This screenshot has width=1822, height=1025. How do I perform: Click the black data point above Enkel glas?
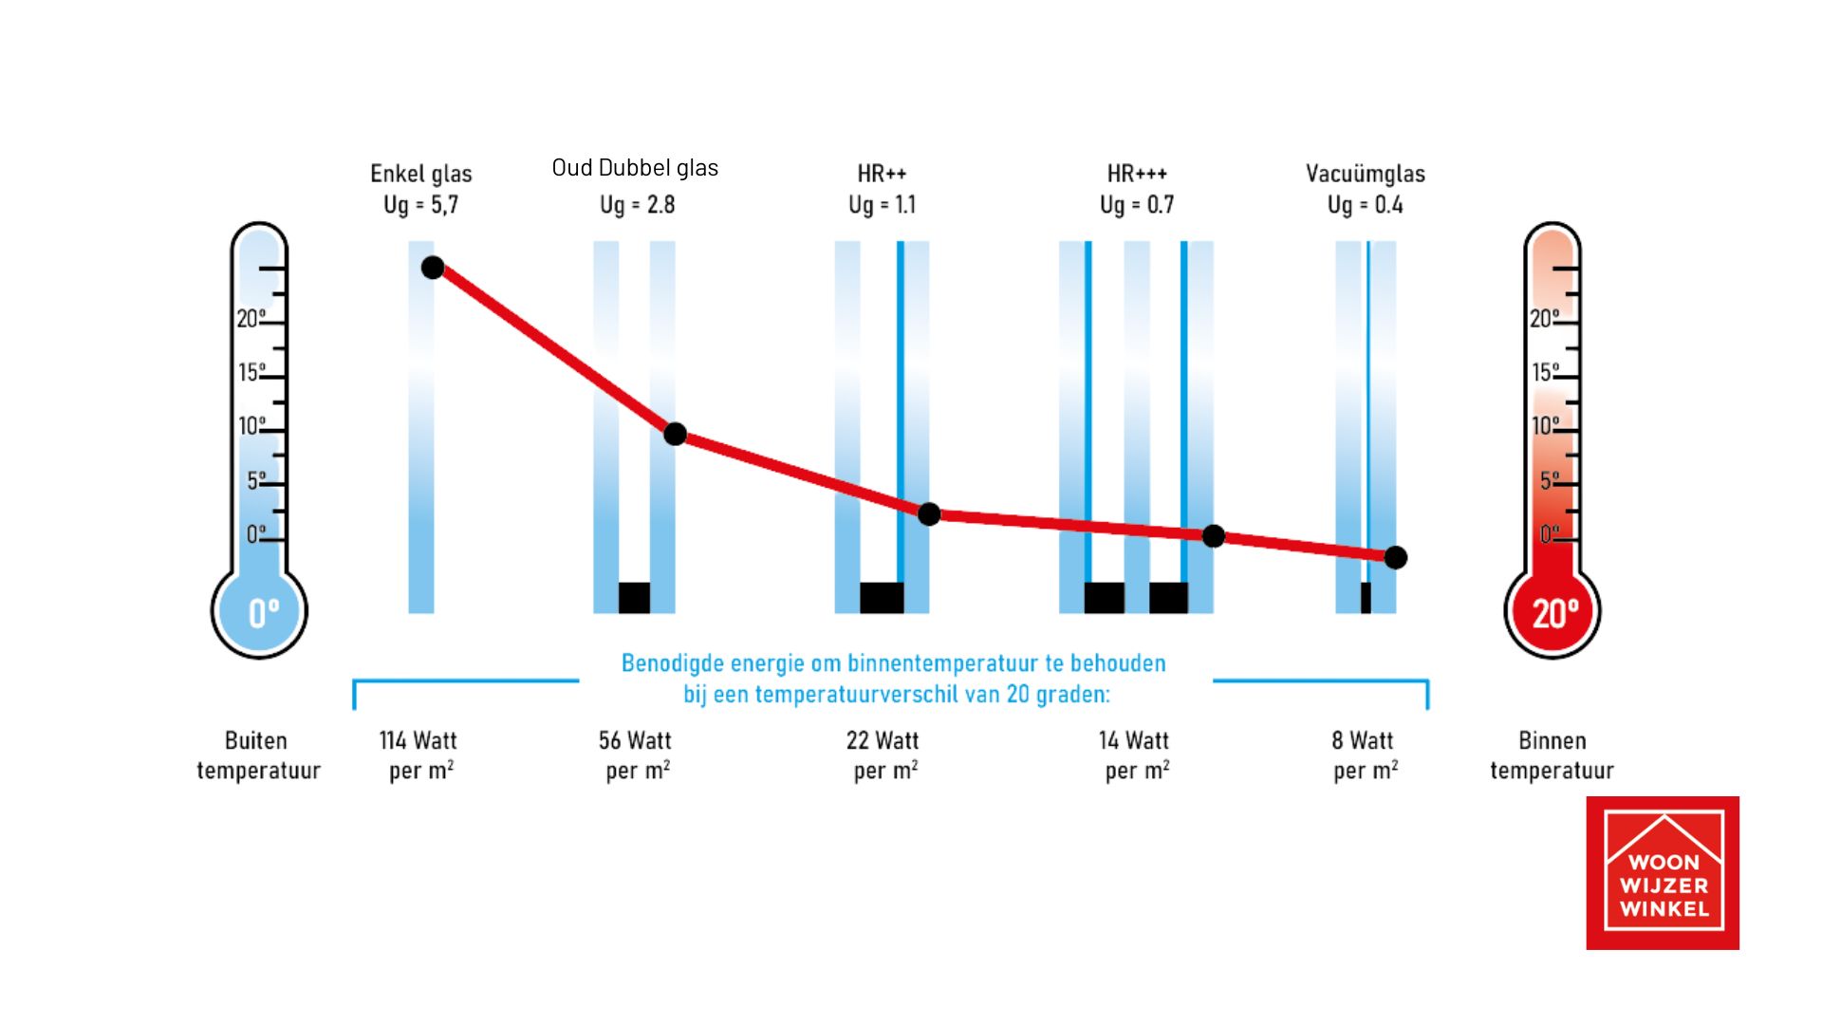coord(433,268)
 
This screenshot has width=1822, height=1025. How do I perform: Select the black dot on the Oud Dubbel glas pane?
coord(675,434)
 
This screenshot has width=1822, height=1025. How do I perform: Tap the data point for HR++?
coord(929,513)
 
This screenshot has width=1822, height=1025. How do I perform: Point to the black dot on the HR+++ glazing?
coord(1213,536)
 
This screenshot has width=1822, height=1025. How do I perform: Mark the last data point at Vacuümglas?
coord(1395,557)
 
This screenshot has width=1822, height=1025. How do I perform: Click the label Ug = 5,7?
coord(420,205)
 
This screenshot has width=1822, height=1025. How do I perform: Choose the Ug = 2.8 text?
coord(637,205)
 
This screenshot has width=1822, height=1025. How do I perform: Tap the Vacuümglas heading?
coord(1365,174)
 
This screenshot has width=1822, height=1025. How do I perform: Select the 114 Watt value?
coord(418,740)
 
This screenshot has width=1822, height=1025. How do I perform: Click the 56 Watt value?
coord(635,740)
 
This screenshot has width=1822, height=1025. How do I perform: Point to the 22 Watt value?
coord(883,740)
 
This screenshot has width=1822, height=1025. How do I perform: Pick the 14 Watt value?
coord(1134,740)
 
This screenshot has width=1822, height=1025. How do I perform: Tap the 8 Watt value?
coord(1363,740)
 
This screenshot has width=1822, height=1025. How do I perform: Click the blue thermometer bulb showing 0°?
coord(259,612)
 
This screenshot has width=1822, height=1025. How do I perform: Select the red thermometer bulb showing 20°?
coord(1552,612)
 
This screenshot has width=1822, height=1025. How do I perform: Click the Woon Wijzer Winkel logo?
coord(1663,873)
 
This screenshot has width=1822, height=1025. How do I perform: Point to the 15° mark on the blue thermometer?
coord(251,372)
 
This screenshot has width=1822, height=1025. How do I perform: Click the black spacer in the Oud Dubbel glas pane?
coord(634,598)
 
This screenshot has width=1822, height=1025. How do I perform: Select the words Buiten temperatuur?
coord(257,755)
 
